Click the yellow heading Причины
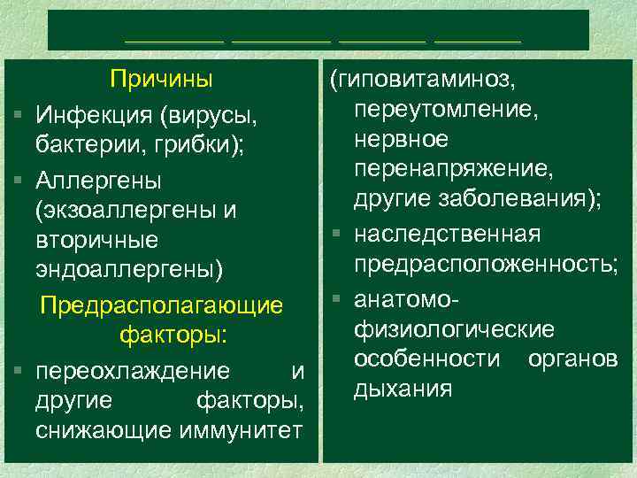click(161, 80)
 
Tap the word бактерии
click(76, 144)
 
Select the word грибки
click(162, 144)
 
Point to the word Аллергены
click(98, 181)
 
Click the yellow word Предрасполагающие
click(162, 305)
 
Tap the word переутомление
click(447, 110)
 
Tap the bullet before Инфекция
click(18, 116)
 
